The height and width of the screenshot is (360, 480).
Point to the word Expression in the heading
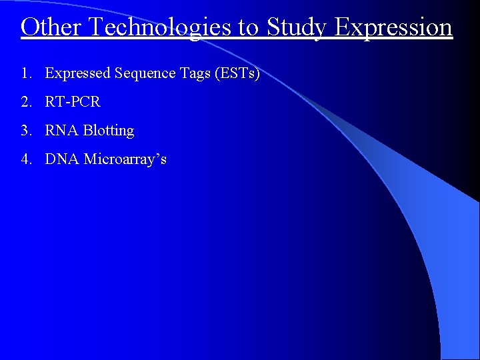[394, 28]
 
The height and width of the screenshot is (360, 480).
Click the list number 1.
[26, 73]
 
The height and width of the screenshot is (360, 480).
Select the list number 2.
[26, 102]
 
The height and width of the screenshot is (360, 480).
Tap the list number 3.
[26, 131]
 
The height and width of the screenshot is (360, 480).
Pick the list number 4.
[26, 159]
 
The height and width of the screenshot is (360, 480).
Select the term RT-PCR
[73, 102]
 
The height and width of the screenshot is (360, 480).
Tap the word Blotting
[109, 131]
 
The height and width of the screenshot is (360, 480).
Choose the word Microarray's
[125, 160]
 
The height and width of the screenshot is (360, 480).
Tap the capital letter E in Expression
[342, 27]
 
